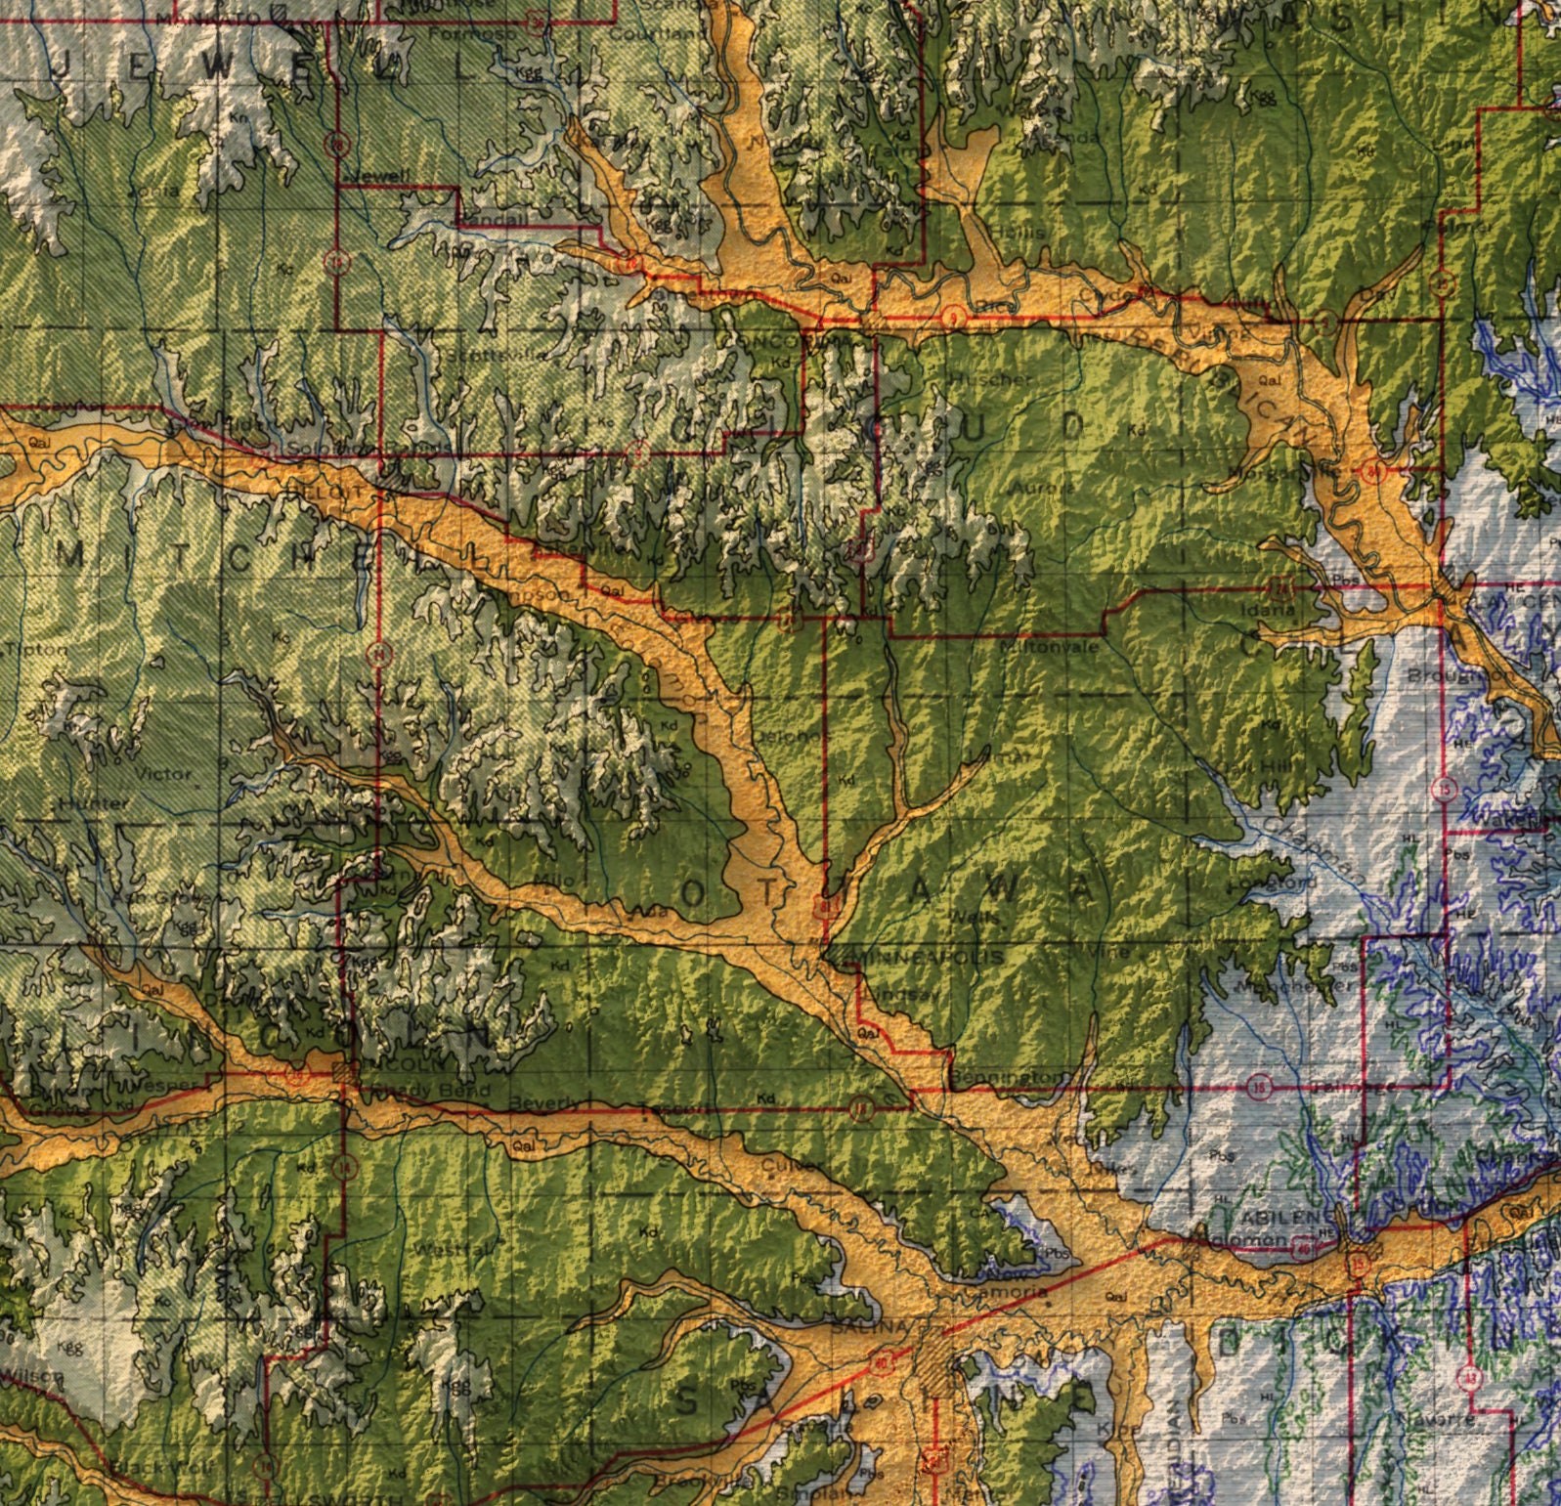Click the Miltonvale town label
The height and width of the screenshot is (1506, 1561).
(x=1050, y=647)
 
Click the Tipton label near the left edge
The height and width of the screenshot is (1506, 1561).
(x=37, y=649)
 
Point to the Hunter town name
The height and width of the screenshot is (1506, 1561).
(x=93, y=803)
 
